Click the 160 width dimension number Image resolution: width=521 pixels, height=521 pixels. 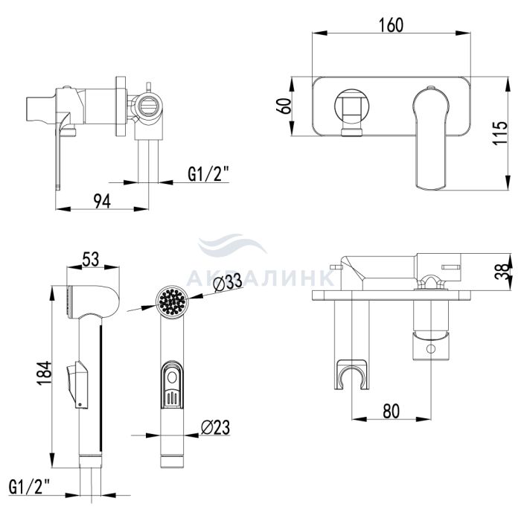tap(391, 25)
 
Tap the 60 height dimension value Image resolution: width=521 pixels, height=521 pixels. tap(285, 106)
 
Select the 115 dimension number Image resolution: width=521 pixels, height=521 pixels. tap(500, 132)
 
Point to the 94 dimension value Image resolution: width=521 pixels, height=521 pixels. tap(102, 201)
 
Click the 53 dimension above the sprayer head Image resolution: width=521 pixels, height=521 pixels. tap(90, 260)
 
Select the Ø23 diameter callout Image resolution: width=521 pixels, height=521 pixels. tap(215, 427)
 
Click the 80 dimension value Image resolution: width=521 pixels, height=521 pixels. tap(391, 411)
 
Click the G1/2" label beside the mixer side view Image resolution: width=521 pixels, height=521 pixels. tap(208, 174)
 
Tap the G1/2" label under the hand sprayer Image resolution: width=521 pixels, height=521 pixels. tap(29, 487)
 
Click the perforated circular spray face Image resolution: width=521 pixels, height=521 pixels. tap(172, 301)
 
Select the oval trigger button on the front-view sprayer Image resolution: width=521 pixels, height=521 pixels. tap(173, 385)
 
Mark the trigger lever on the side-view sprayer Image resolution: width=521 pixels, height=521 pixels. tap(77, 385)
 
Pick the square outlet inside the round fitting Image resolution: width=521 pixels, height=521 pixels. tap(351, 106)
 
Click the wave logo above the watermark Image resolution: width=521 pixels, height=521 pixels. tap(232, 244)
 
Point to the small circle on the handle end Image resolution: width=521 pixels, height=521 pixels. tap(431, 349)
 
